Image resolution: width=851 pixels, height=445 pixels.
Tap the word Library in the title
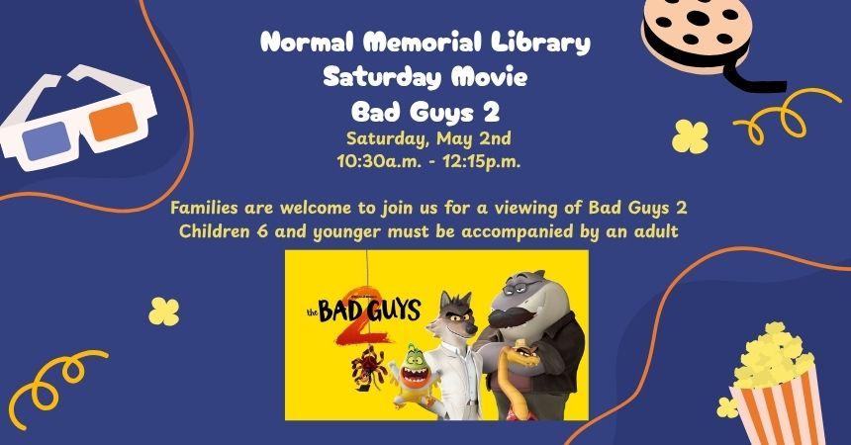pos(545,44)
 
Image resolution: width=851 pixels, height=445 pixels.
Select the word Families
pos(208,209)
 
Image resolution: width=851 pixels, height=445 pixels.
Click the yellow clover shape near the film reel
pos(687,135)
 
